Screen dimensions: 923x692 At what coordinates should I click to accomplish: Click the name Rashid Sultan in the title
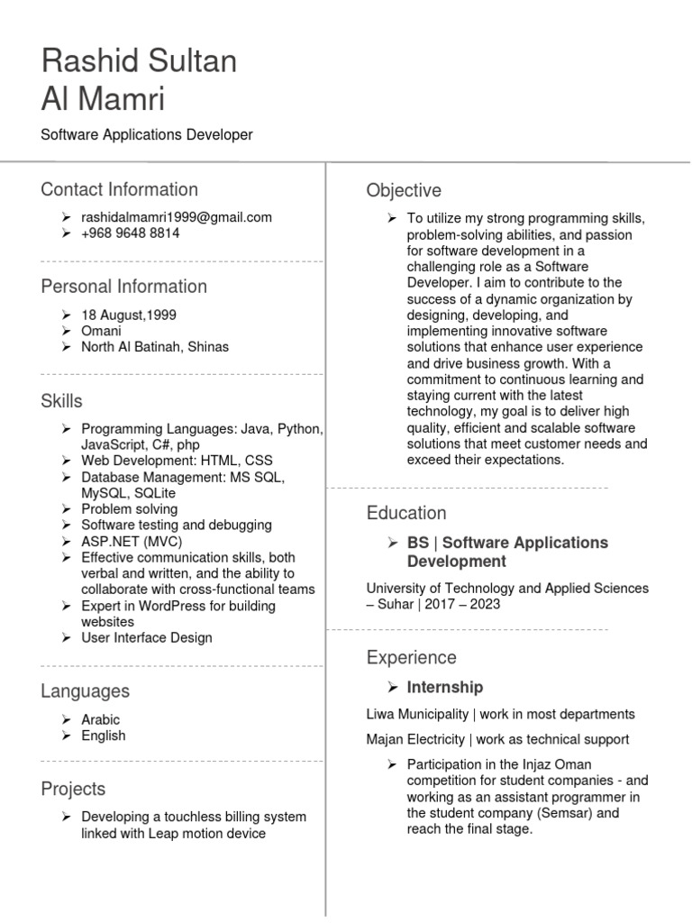coord(140,62)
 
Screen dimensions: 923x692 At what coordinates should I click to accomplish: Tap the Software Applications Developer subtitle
coord(147,135)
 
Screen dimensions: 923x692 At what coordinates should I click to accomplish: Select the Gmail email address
coord(177,217)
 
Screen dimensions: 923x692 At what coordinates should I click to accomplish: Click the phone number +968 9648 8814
coord(131,233)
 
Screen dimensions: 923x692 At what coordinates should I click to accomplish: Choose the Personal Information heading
coord(124,287)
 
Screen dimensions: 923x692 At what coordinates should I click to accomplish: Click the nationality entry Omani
coord(101,331)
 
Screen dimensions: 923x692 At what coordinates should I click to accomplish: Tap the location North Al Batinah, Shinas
coord(155,347)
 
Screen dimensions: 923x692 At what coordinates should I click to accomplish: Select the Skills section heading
coord(61,401)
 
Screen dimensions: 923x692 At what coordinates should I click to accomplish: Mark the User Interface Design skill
coord(147,638)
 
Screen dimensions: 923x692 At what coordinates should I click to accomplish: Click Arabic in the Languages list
coord(100,720)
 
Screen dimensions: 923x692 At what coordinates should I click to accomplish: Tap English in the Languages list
coord(104,736)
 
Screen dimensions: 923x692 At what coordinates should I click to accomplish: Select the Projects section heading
coord(73,790)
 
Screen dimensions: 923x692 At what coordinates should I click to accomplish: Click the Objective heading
coord(404,191)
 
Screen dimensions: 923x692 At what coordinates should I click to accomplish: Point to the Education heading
coord(406,514)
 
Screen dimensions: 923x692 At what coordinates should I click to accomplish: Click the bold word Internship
coord(445,688)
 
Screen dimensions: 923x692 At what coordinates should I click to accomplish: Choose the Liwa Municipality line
coord(500,715)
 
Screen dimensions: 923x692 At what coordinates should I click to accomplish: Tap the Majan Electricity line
coord(497,740)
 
